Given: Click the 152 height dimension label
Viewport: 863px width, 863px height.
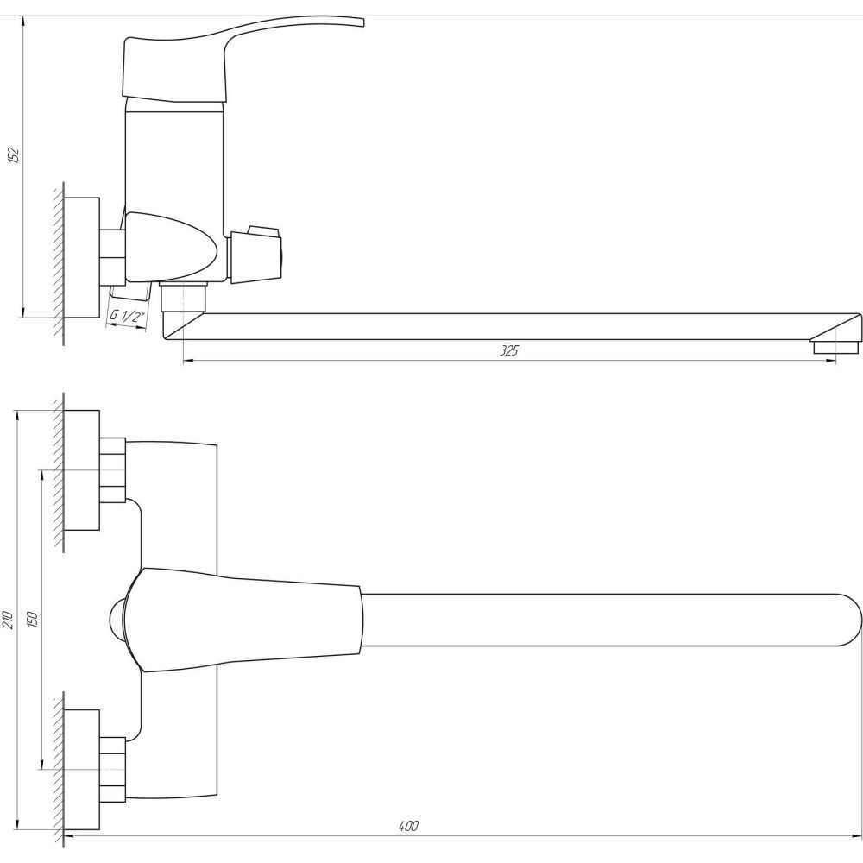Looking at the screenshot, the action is coord(14,155).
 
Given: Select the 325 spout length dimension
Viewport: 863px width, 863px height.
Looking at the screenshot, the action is coord(509,350).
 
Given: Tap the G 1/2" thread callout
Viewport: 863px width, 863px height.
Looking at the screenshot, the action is coord(127,318).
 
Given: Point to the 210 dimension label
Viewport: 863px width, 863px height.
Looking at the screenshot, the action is coord(8,620).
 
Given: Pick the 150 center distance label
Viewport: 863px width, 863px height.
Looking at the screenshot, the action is coord(32,620).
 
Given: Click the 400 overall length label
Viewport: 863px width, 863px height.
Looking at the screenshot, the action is coord(408,826).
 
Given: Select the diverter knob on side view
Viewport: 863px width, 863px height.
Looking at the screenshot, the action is coord(256,255).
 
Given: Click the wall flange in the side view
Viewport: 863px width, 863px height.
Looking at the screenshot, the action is coord(81,257).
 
